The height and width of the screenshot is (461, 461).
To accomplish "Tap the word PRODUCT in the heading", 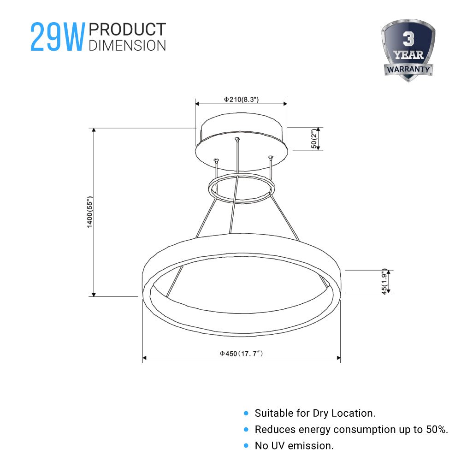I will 127,30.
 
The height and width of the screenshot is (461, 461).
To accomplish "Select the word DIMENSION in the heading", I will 127,45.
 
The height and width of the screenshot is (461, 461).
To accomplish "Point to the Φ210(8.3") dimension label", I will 241,100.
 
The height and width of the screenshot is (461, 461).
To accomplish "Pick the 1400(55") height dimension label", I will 90,212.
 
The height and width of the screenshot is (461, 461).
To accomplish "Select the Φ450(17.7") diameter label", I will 241,354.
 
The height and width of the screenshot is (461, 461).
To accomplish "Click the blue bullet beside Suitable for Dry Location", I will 246,413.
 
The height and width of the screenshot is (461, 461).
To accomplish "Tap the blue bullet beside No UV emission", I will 246,446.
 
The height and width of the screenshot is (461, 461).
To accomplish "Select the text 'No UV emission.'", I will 294,446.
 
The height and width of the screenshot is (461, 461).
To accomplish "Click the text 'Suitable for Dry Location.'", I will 315,413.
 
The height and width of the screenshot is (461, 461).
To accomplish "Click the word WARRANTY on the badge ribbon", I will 408,70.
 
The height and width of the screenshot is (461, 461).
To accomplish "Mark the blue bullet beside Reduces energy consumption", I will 246,430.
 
